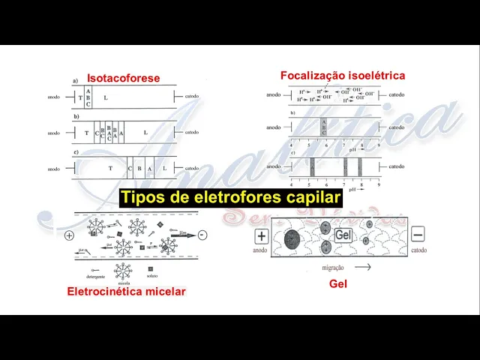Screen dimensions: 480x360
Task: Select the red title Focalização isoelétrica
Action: point(343,76)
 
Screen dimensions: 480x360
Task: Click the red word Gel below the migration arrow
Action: point(338,283)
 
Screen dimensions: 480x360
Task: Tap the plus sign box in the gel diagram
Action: point(261,236)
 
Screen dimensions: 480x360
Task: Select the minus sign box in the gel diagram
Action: point(418,234)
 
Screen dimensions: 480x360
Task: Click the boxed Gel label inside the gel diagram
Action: point(343,235)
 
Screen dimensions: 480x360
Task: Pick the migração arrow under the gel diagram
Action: point(361,266)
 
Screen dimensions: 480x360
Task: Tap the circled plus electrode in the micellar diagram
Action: point(70,235)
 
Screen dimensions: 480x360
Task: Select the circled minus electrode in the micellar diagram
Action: point(202,235)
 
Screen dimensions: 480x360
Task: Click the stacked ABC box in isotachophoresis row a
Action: point(88,97)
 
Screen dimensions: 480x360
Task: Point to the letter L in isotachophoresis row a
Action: point(106,97)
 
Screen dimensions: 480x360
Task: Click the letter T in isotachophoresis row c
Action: point(109,168)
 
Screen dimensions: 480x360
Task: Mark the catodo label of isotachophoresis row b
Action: point(192,133)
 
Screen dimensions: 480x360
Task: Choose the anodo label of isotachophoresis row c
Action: point(53,169)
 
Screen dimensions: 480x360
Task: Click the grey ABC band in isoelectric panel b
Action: point(323,126)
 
